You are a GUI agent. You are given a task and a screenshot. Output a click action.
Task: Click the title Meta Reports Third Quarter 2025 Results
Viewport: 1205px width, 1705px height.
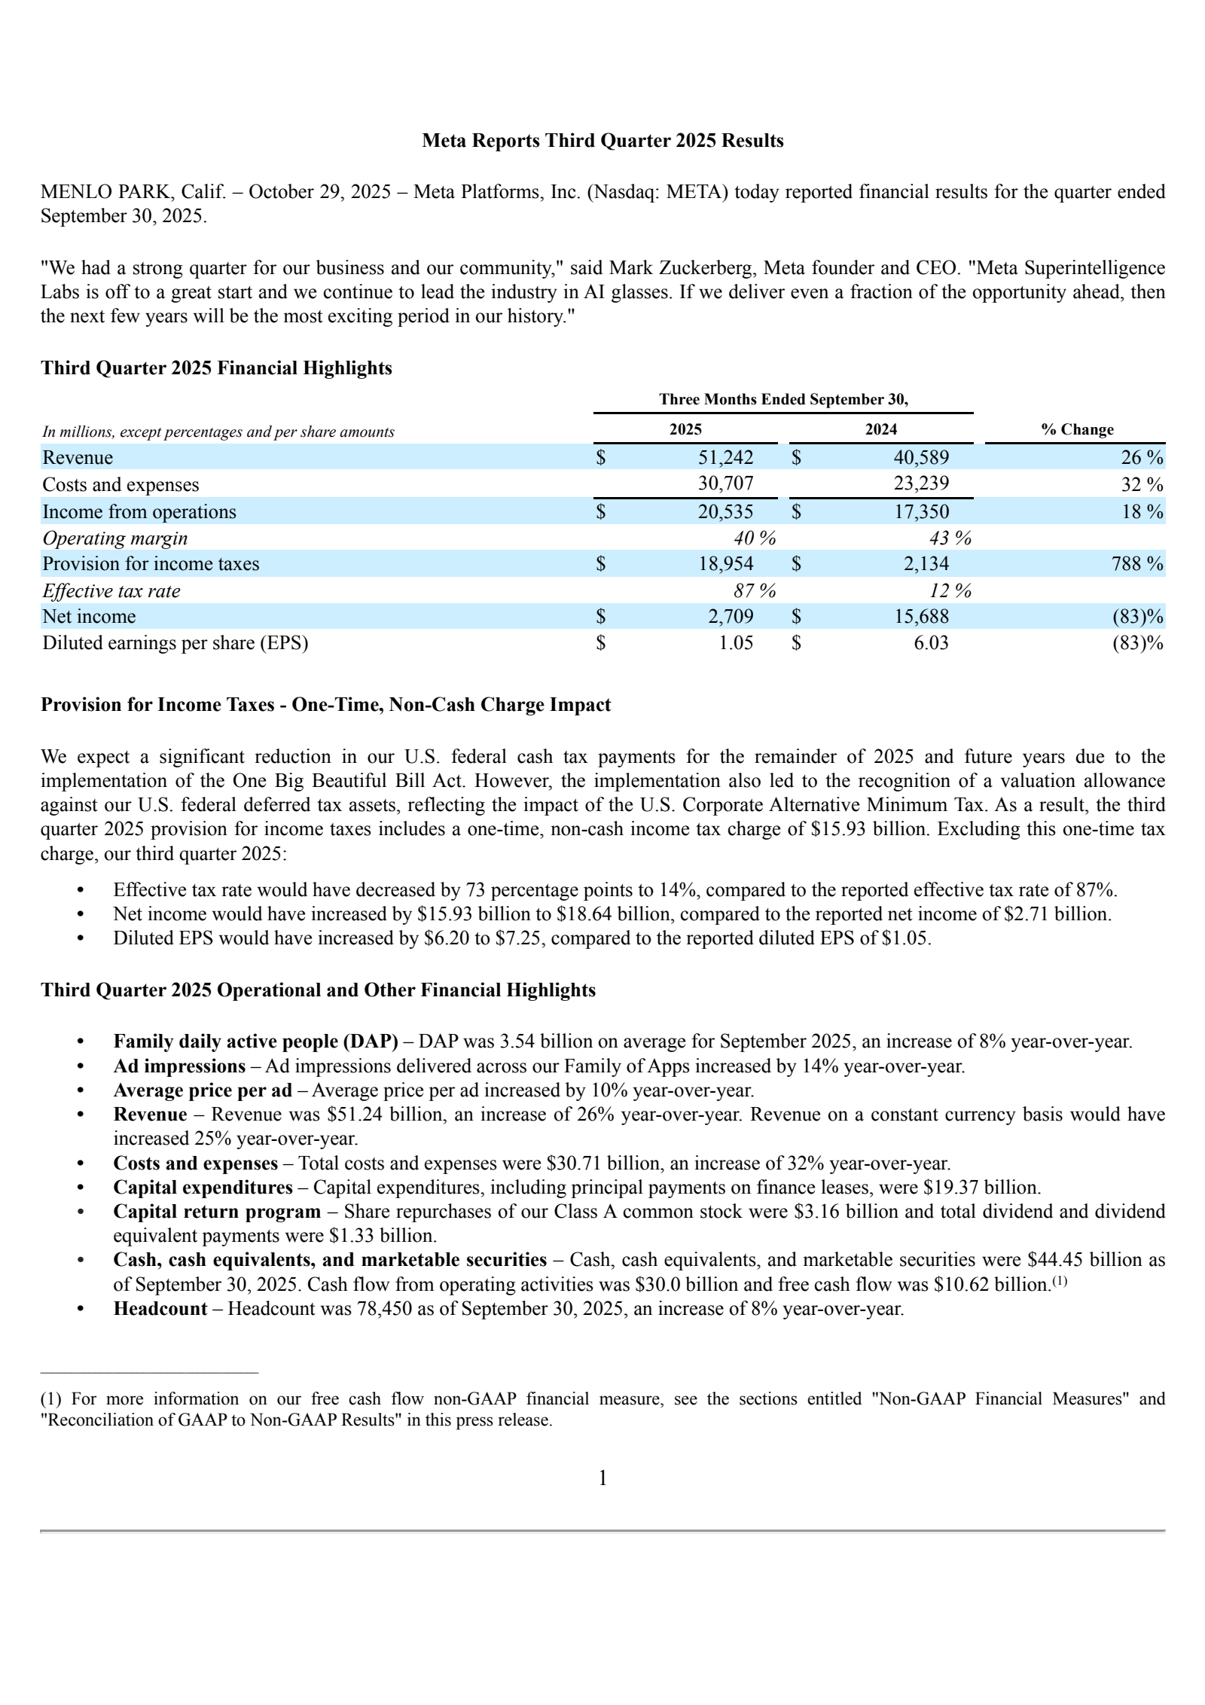click(602, 141)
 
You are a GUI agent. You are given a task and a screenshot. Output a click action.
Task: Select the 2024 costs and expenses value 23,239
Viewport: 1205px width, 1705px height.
click(920, 483)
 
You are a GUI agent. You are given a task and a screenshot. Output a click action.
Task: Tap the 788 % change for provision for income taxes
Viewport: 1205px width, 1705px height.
click(1137, 563)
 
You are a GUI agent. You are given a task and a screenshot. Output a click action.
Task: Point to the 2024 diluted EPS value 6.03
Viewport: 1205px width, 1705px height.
click(931, 642)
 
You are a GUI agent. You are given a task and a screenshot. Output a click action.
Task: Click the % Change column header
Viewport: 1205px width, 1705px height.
click(1077, 429)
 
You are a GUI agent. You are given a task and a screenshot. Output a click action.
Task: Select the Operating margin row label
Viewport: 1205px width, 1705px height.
click(114, 538)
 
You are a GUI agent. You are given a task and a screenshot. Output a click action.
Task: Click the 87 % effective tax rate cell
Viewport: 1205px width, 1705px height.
click(754, 590)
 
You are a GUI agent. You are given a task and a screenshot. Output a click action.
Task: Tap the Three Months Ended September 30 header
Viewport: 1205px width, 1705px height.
click(783, 399)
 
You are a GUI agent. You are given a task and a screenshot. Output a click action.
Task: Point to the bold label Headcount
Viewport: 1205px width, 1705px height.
click(160, 1308)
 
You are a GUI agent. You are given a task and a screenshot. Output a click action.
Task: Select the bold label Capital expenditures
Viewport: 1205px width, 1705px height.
click(203, 1187)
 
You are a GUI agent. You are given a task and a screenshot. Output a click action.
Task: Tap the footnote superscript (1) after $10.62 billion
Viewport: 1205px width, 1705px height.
click(1060, 1280)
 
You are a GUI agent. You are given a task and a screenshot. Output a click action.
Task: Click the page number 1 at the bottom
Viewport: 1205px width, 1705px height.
click(602, 1478)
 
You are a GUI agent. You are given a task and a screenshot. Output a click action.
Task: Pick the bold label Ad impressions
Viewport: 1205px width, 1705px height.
click(179, 1066)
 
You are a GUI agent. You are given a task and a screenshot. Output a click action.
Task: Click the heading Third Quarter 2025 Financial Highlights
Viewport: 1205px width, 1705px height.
click(216, 368)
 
